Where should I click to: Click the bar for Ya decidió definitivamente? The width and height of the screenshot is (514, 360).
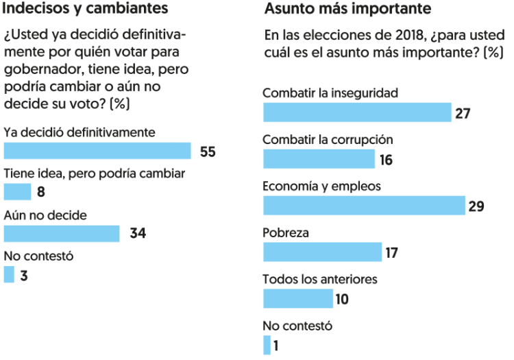(97, 151)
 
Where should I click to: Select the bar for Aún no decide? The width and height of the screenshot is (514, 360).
(62, 234)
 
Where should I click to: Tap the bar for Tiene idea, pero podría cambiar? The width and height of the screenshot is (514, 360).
(18, 192)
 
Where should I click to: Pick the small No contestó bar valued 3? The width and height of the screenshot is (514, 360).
(9, 275)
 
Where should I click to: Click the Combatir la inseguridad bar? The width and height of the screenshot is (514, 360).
(357, 112)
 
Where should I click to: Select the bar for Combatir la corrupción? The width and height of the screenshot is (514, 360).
(319, 159)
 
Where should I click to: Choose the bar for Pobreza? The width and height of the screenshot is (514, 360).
(322, 252)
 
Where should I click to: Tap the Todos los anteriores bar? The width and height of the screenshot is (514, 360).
(297, 298)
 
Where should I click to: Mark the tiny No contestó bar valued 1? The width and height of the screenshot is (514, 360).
(267, 345)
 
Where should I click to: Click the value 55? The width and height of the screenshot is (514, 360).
(208, 152)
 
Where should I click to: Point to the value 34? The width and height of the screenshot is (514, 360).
(138, 234)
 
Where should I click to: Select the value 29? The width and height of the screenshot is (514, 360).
(476, 206)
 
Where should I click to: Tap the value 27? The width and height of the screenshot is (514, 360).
(463, 113)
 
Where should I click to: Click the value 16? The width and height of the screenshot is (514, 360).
(386, 160)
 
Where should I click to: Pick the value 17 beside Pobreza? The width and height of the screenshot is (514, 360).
(391, 252)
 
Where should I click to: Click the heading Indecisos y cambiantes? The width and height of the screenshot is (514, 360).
(86, 10)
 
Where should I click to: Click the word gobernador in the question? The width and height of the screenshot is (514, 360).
(43, 70)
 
